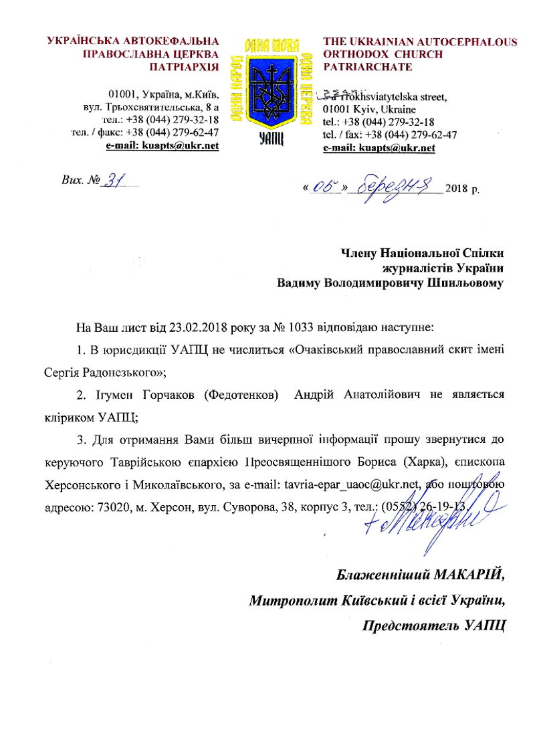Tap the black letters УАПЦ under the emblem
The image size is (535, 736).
(x=271, y=138)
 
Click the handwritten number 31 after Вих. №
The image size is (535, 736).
(x=116, y=181)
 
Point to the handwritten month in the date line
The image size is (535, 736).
(x=399, y=184)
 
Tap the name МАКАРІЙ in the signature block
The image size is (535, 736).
(x=467, y=575)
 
